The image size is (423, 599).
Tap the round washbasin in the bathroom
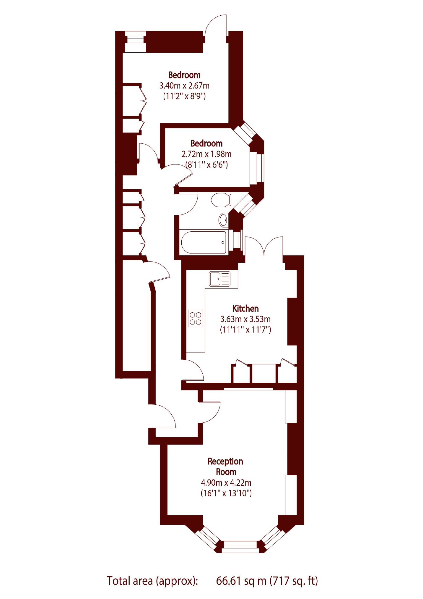point(224,219)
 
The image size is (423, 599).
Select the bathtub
point(204,242)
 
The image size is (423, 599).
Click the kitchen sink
point(219,279)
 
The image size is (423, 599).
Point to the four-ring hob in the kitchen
point(195,318)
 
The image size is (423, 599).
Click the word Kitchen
point(245,309)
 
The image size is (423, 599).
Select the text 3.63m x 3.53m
point(245,319)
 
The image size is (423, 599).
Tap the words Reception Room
point(225,466)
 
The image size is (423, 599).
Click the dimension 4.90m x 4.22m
point(226,483)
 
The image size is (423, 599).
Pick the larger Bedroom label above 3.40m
point(184,75)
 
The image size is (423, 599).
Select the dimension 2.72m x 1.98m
point(206,154)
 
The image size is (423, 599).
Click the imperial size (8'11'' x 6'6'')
point(206,165)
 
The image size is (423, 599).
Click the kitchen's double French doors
point(264,246)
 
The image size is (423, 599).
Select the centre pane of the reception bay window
point(240,547)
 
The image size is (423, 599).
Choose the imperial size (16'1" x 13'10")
point(226,493)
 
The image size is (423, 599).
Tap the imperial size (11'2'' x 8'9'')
point(184,96)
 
